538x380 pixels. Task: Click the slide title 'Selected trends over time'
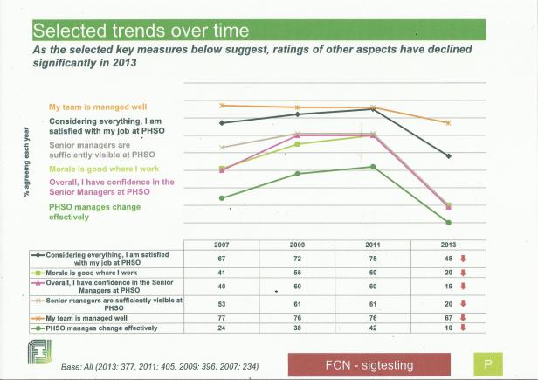coord(141,31)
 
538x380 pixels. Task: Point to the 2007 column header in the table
coord(222,245)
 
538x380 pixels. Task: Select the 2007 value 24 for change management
coord(222,328)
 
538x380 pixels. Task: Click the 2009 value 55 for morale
coord(297,273)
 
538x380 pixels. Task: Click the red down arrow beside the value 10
coord(463,328)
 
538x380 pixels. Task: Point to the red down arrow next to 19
coord(463,286)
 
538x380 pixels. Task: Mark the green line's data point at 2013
coord(448,223)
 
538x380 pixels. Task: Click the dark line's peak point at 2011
coord(373,109)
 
